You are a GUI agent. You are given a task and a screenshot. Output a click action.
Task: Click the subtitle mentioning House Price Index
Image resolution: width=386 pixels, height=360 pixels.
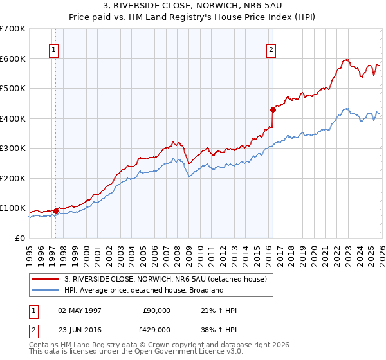pyautogui.click(x=192, y=18)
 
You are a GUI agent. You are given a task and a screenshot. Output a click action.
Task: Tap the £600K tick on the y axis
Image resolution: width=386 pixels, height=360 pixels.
pyautogui.click(x=13, y=59)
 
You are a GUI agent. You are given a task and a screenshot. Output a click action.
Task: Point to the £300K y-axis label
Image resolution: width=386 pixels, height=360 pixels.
pyautogui.click(x=13, y=148)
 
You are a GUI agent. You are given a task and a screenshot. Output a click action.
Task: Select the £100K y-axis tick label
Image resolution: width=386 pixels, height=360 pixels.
pyautogui.click(x=13, y=208)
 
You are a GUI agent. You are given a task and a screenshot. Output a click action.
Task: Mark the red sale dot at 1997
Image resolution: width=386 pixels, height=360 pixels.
pyautogui.click(x=55, y=211)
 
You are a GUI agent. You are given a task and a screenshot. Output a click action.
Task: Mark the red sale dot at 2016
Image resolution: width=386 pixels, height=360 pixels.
pyautogui.click(x=273, y=109)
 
